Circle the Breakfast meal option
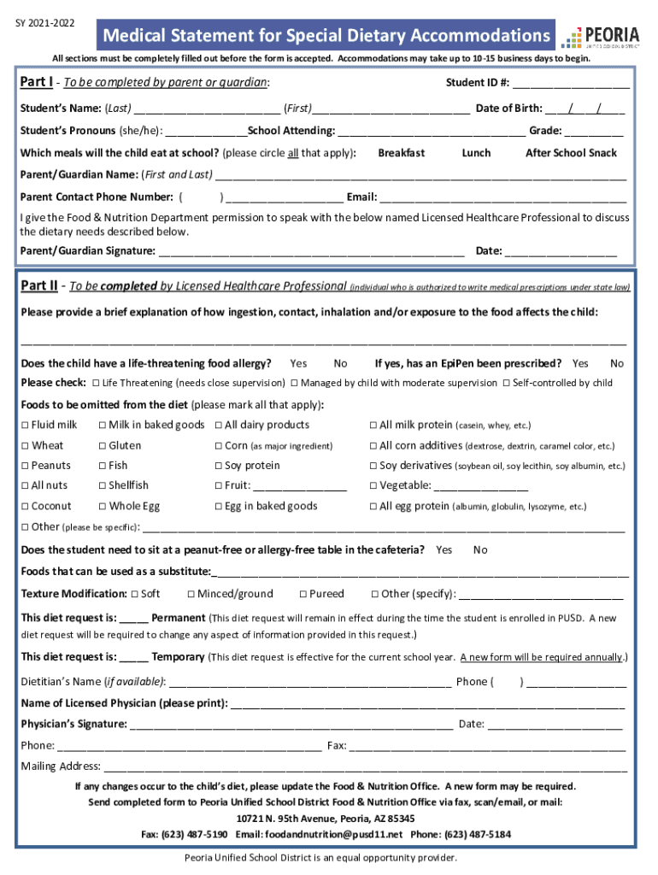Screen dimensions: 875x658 click(401, 153)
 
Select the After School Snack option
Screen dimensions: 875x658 click(570, 153)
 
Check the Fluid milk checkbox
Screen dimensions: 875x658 click(26, 426)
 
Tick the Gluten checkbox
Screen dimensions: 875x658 click(103, 446)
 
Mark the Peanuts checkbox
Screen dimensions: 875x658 click(26, 466)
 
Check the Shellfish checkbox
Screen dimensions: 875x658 click(103, 486)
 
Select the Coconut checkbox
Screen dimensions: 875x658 click(26, 507)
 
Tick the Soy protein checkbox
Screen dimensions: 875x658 click(218, 466)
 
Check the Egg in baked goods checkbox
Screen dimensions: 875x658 click(218, 507)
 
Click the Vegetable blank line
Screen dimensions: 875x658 click(480, 486)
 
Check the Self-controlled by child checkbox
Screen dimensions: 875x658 click(507, 383)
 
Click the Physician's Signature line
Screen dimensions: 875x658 click(291, 725)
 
